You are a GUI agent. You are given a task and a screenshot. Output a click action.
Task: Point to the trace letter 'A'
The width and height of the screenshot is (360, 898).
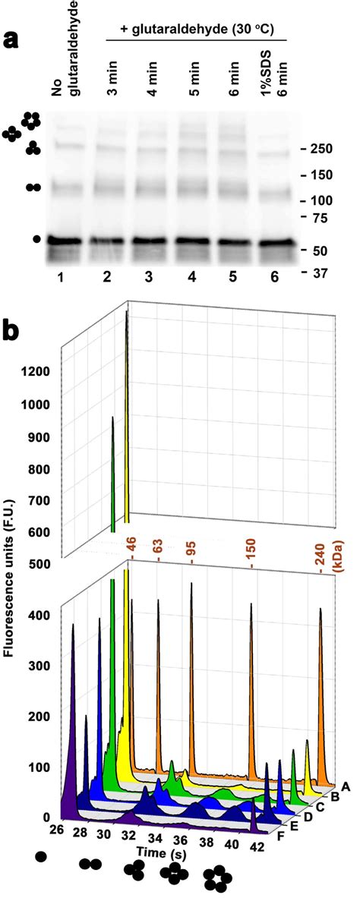pos(346,786)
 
